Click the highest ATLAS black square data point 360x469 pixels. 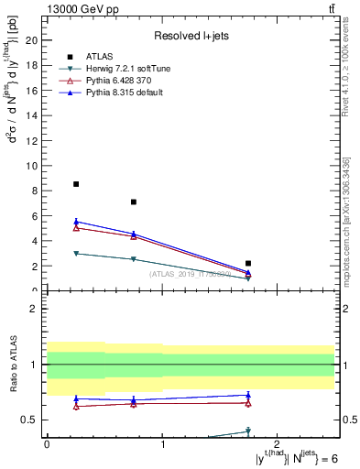pyautogui.click(x=76, y=184)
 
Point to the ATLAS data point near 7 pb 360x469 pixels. pyautogui.click(x=134, y=202)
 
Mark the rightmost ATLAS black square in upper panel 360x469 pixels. pyautogui.click(x=248, y=263)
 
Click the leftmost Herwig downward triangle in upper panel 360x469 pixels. pyautogui.click(x=76, y=253)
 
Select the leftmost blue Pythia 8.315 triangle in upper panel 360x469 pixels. pyautogui.click(x=76, y=222)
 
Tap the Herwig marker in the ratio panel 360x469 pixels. pyautogui.click(x=248, y=431)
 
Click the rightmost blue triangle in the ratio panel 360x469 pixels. pyautogui.click(x=248, y=395)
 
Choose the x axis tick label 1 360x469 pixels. pyautogui.click(x=162, y=444)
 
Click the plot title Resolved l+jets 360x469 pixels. pyautogui.click(x=191, y=36)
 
